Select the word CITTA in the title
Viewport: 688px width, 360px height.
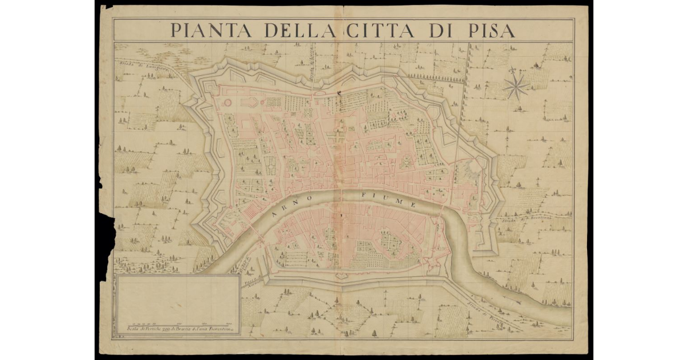[381, 30]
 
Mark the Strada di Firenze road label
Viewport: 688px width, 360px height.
[484, 314]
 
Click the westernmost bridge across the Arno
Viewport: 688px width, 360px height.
[252, 230]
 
